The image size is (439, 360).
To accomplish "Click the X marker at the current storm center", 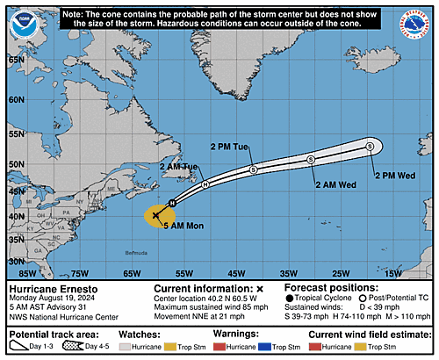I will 156,214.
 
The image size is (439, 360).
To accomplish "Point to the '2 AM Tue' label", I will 180,167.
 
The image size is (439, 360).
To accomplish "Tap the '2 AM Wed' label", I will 335,185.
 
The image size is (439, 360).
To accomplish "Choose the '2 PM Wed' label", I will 394,175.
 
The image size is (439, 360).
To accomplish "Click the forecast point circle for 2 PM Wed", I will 370,146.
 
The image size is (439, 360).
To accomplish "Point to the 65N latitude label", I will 15,60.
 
